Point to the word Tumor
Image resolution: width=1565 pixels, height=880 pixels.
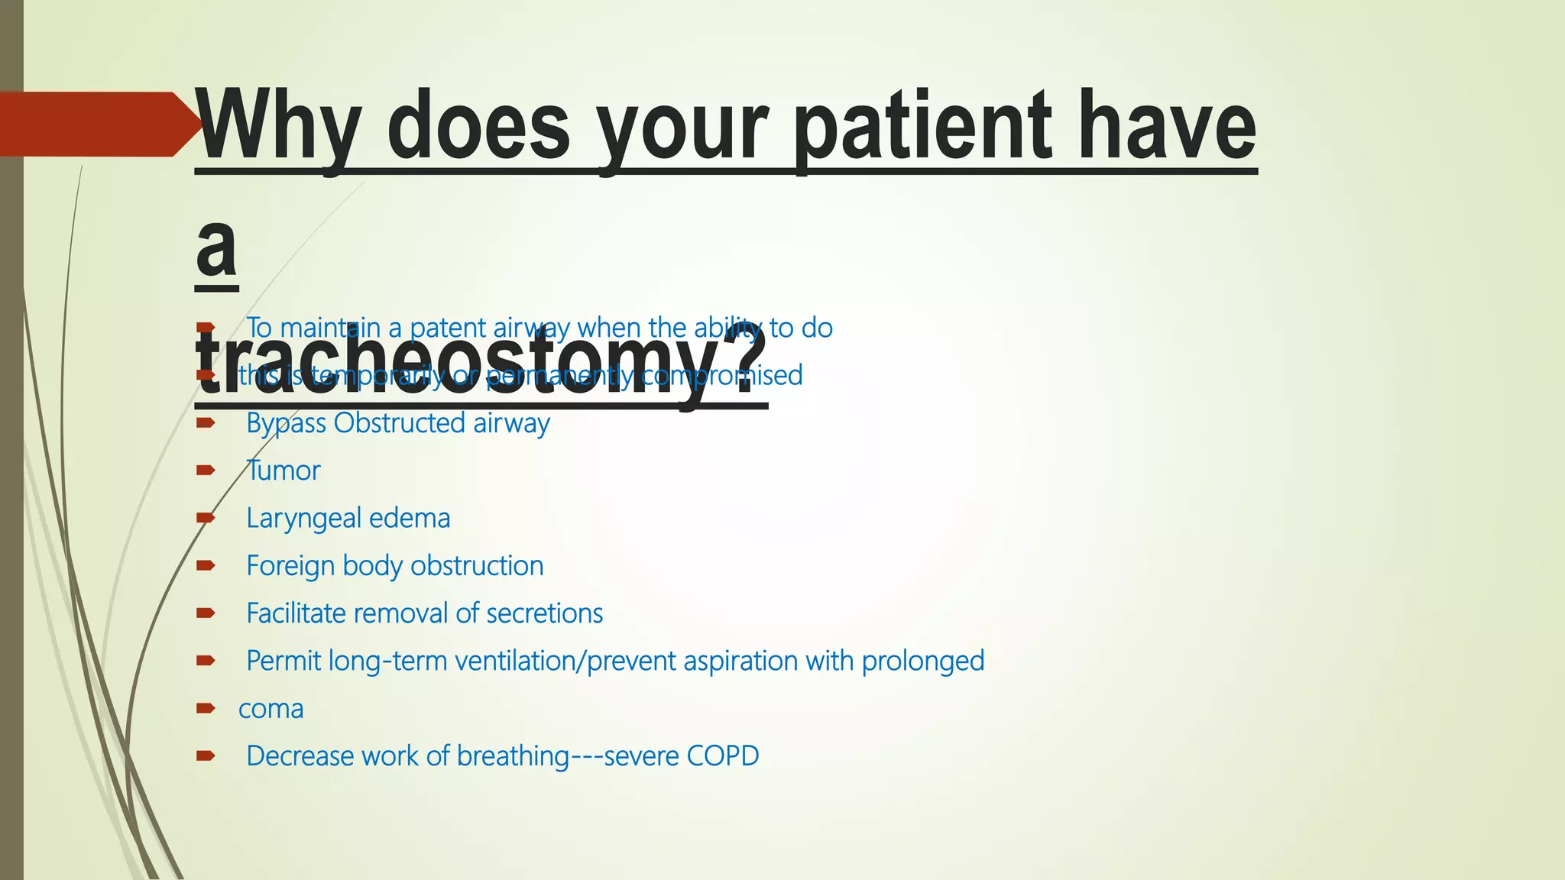[283, 471]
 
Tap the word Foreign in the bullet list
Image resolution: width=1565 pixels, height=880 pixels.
[290, 566]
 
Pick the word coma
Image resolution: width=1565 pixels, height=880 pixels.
[271, 709]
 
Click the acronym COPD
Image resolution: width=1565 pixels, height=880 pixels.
[722, 756]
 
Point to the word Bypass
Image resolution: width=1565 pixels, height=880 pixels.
[286, 423]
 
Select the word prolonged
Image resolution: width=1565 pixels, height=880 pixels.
[922, 661]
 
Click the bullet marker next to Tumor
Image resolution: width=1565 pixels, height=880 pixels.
[206, 471]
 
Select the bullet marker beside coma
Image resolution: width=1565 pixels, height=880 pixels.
[206, 709]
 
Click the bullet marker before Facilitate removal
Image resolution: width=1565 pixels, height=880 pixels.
[206, 613]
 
